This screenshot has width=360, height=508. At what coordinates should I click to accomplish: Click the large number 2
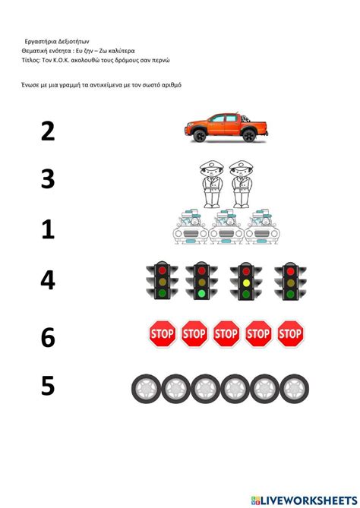(48, 131)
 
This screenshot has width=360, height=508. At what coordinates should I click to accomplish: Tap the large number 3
(48, 178)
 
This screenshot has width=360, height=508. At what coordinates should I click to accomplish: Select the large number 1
(48, 229)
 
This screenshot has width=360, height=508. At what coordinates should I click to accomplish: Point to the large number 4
(48, 279)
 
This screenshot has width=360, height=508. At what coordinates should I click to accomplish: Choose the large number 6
(48, 337)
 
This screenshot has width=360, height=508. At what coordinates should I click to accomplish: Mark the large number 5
(48, 386)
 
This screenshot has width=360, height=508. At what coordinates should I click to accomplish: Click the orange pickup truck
(226, 127)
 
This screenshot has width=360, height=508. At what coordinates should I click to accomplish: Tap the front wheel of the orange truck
(199, 135)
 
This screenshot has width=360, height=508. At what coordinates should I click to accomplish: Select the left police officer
(212, 184)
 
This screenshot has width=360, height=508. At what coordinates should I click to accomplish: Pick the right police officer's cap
(242, 166)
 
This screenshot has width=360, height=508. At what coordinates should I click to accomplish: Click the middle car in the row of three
(226, 226)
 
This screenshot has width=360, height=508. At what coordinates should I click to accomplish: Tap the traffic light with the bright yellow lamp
(246, 281)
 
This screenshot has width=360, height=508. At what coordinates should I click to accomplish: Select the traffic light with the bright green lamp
(201, 280)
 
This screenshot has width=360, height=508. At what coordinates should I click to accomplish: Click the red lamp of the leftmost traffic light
(163, 270)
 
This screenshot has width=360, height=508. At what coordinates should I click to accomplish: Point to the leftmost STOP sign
(163, 333)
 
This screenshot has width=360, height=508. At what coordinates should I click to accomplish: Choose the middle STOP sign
(226, 333)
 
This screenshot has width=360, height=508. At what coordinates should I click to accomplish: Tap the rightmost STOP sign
(290, 333)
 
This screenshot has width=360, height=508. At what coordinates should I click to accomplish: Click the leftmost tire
(146, 389)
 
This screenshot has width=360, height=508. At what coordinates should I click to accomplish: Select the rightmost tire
(294, 389)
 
